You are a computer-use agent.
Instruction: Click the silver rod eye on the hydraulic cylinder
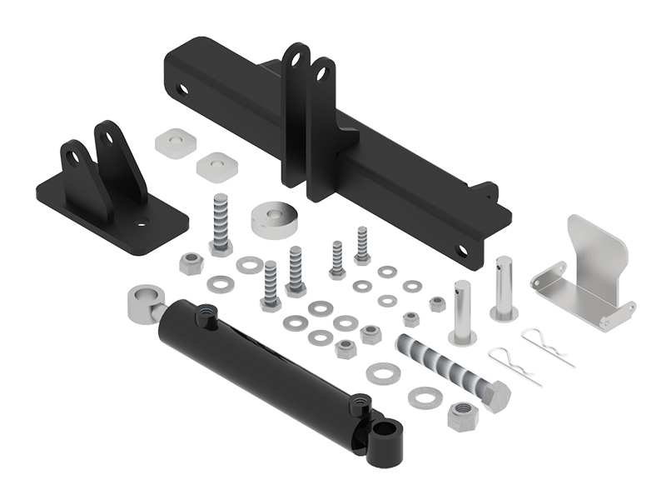(x=142, y=302)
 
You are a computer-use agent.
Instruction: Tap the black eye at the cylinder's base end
(x=387, y=436)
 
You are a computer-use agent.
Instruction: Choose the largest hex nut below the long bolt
(x=462, y=414)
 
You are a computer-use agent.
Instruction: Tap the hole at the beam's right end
(x=463, y=250)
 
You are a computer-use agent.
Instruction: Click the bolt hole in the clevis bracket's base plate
(x=142, y=222)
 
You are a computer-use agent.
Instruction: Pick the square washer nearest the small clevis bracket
(x=175, y=142)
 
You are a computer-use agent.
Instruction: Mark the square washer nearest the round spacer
(x=217, y=164)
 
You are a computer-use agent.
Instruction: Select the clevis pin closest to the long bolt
(x=463, y=312)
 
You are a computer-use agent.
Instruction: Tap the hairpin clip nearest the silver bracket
(x=548, y=346)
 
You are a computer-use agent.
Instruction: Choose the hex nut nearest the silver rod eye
(x=191, y=265)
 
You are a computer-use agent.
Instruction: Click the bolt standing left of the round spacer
(x=220, y=222)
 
